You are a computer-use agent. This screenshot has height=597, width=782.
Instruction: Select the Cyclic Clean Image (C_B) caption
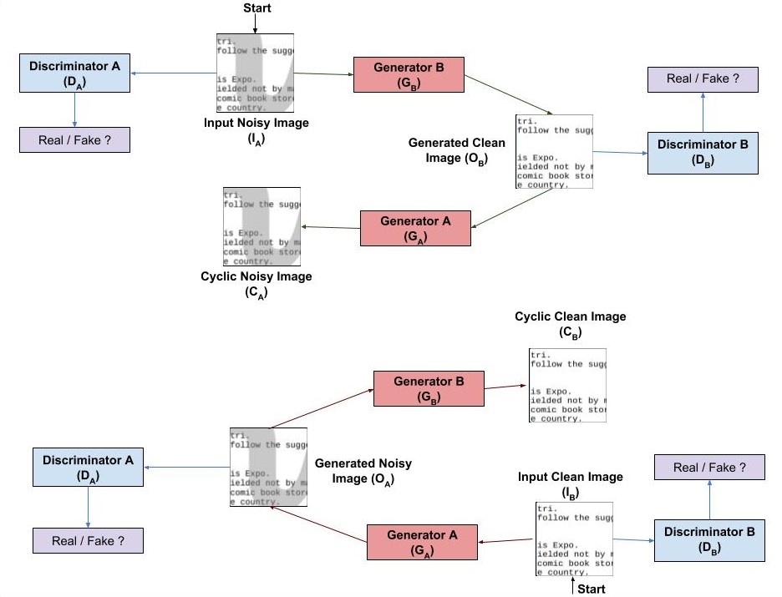click(x=570, y=324)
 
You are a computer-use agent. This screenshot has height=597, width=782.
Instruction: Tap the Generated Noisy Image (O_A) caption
click(x=363, y=471)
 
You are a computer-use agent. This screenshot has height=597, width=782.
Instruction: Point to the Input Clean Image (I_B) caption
click(x=570, y=484)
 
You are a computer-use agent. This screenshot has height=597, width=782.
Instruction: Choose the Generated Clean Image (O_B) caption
click(x=457, y=150)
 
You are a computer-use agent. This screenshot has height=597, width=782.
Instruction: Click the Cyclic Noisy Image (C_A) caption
click(x=256, y=284)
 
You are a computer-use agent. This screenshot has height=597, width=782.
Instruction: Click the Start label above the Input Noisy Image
click(x=256, y=8)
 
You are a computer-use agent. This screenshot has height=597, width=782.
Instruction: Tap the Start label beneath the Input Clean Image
click(x=592, y=589)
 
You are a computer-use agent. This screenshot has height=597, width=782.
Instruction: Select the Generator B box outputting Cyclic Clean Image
click(x=429, y=388)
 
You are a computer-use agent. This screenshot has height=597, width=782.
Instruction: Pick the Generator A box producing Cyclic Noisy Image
click(x=415, y=228)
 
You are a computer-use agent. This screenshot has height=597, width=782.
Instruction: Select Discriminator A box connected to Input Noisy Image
click(x=75, y=73)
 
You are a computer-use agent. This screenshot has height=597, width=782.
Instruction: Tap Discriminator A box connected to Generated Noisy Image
click(x=88, y=467)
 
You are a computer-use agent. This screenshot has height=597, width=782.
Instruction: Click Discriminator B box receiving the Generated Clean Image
click(x=703, y=151)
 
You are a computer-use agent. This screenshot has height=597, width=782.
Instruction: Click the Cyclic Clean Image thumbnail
click(x=567, y=385)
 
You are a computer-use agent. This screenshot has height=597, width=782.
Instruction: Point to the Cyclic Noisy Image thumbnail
click(x=261, y=226)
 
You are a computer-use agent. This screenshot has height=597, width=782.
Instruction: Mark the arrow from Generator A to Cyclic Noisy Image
click(x=331, y=227)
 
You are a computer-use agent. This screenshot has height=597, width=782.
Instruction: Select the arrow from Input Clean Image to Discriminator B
click(x=633, y=539)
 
